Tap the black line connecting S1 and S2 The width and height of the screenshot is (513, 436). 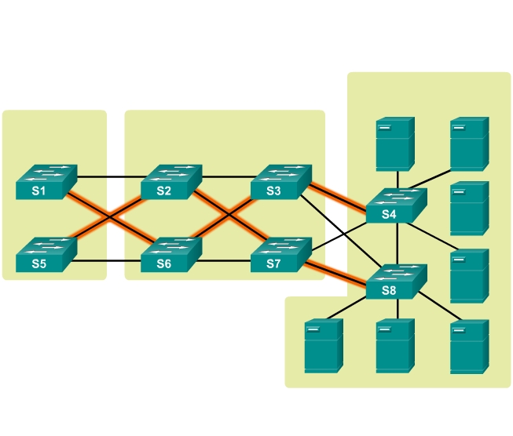pyautogui.click(x=109, y=176)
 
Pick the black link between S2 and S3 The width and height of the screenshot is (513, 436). pyautogui.click(x=227, y=176)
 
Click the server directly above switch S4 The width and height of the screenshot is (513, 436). pyautogui.click(x=394, y=144)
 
